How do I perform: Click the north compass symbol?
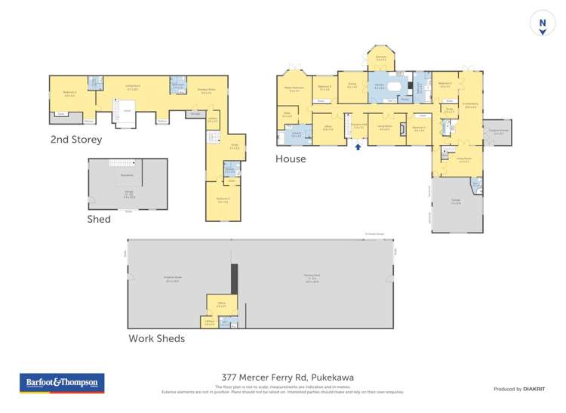(541, 23)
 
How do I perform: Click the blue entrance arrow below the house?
(358, 147)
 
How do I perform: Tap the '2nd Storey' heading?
(77, 140)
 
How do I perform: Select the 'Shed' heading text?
(99, 219)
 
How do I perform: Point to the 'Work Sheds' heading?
(156, 338)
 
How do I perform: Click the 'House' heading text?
(291, 159)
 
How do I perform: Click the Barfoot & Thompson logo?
(62, 384)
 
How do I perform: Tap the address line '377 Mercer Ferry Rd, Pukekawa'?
(283, 378)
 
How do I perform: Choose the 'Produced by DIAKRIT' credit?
(520, 389)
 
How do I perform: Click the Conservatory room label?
(471, 106)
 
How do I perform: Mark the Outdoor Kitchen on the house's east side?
(497, 128)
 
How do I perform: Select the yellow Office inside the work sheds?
(221, 305)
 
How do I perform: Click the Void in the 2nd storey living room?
(127, 112)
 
